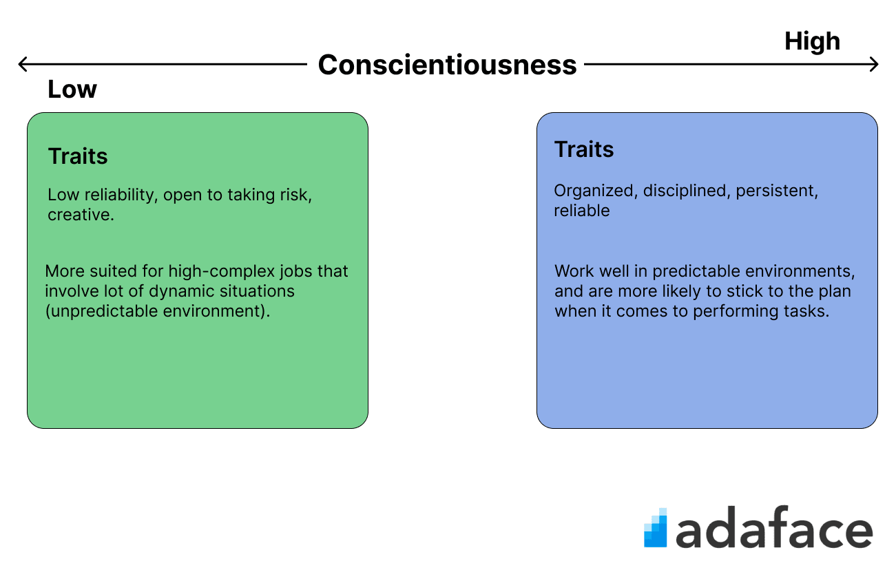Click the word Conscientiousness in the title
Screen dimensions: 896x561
pyautogui.click(x=447, y=65)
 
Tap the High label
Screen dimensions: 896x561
pyautogui.click(x=812, y=41)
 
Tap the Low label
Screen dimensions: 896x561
pyautogui.click(x=72, y=89)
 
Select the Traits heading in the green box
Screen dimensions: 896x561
pyautogui.click(x=78, y=156)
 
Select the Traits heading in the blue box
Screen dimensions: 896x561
pyautogui.click(x=584, y=149)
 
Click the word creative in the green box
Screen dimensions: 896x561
pyautogui.click(x=81, y=215)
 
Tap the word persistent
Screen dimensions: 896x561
pyautogui.click(x=777, y=191)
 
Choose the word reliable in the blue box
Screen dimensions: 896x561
pyautogui.click(x=582, y=211)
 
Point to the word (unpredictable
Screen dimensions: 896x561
pyautogui.click(x=102, y=311)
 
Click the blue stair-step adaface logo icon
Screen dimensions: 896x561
pyautogui.click(x=656, y=527)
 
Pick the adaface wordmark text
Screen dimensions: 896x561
pyautogui.click(x=774, y=527)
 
